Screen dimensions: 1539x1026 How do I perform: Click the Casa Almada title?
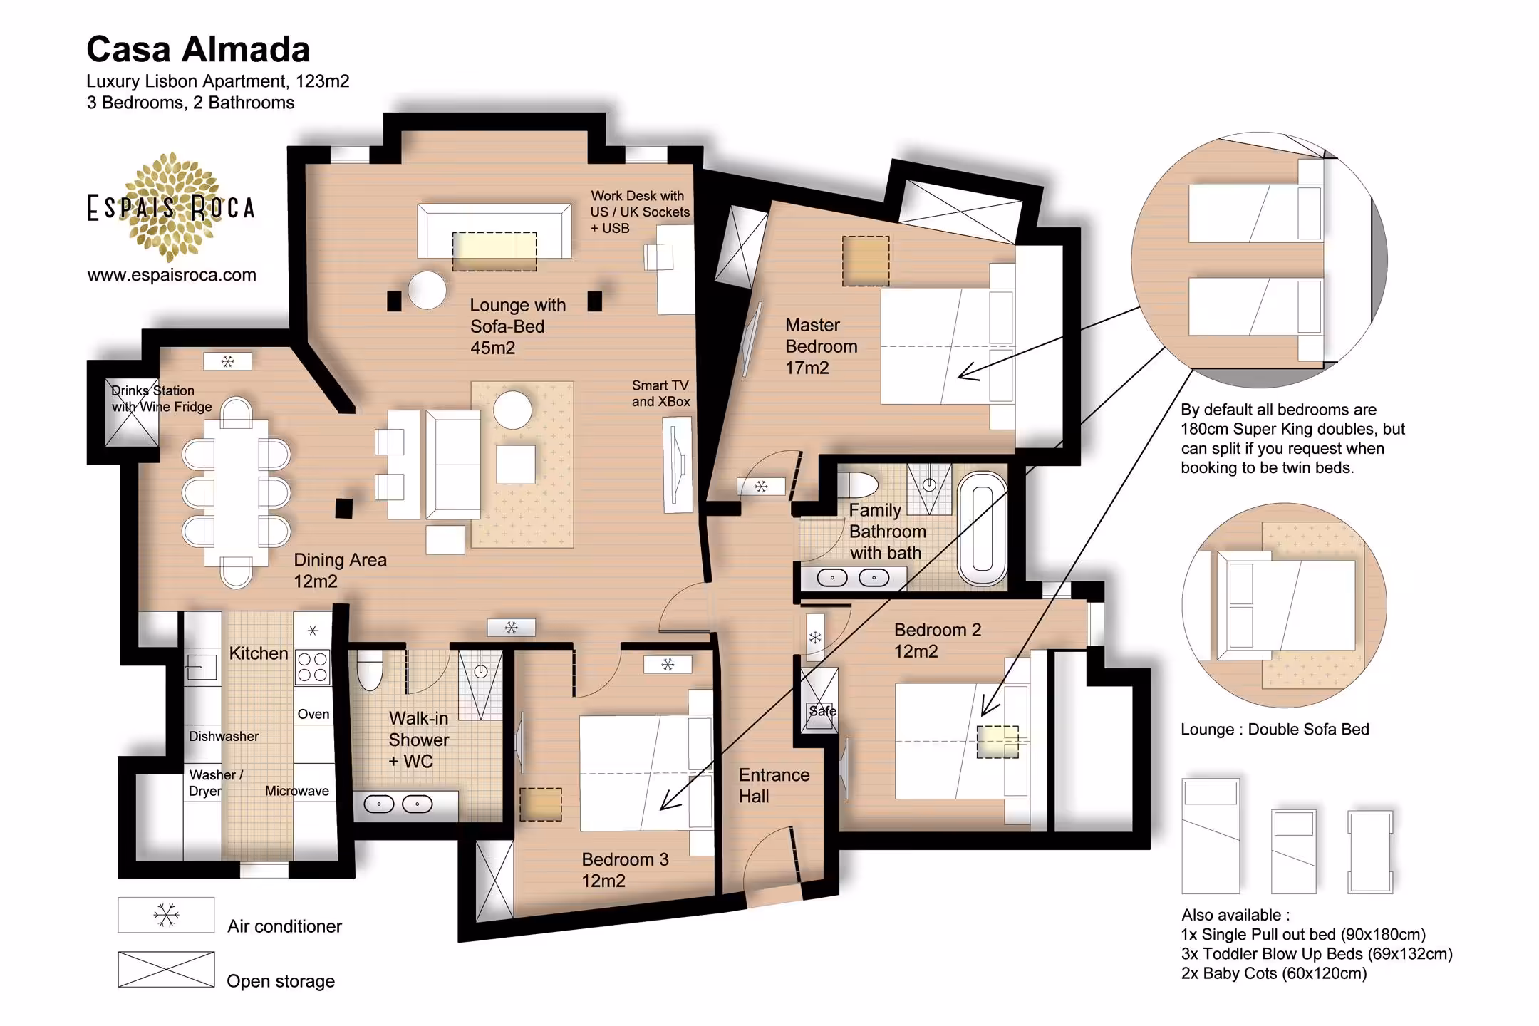point(198,50)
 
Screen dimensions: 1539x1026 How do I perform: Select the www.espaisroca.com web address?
point(172,275)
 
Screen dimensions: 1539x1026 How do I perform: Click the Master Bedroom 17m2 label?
point(821,346)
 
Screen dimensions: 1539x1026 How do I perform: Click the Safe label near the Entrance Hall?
point(822,710)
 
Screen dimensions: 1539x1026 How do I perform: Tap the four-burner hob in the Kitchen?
point(312,667)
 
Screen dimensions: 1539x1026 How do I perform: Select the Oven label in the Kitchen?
point(313,714)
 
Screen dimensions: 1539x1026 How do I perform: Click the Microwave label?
point(297,791)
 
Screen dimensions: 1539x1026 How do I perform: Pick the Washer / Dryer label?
point(216,782)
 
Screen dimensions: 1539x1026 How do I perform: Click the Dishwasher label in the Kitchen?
point(224,736)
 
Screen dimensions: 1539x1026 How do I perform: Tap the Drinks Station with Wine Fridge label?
point(162,398)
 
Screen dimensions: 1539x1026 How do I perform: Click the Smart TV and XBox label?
point(660,393)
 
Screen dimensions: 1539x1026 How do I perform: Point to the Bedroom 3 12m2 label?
point(625,870)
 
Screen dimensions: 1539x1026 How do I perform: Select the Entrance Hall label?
point(774,785)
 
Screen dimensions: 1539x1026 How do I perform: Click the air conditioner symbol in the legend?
point(166,915)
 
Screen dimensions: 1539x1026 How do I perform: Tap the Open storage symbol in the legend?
point(166,969)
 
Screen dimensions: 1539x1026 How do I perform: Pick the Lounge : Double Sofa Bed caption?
point(1275,729)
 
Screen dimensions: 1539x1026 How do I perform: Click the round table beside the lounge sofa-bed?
point(427,290)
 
